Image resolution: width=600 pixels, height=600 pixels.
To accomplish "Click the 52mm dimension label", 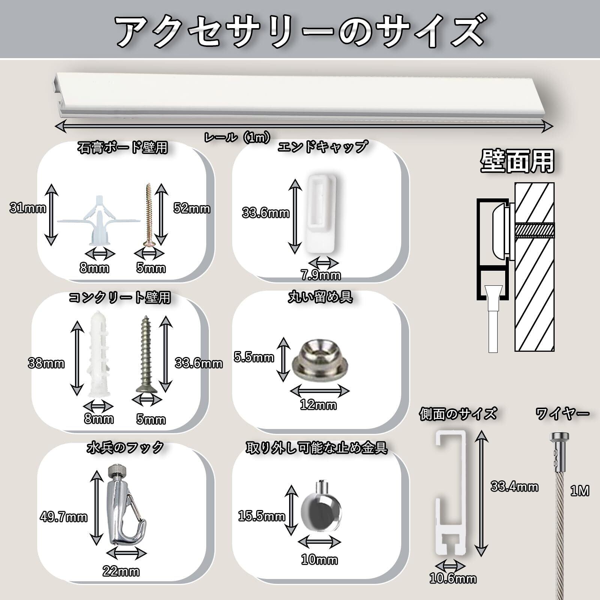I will point(192,208).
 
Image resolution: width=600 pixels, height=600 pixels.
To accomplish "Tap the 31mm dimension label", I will point(28,208).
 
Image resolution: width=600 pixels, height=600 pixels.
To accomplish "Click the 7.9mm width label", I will point(321,276).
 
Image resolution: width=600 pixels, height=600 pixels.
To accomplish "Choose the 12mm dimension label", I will point(318,405).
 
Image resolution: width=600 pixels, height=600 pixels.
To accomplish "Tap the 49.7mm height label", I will point(64,517).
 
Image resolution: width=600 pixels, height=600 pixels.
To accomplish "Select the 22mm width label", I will point(121,572).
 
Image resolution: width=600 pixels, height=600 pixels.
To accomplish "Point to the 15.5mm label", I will point(261,517).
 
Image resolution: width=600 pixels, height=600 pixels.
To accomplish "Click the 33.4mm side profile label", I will point(514,487).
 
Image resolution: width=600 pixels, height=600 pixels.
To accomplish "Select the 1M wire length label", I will point(579,491).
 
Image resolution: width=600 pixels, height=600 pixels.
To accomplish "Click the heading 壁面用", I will point(517,162).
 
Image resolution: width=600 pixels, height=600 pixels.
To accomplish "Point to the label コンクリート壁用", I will point(120,297).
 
